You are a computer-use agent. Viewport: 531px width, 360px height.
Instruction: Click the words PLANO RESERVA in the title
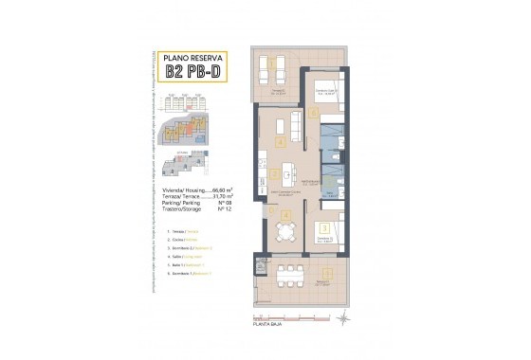[x=190, y=58]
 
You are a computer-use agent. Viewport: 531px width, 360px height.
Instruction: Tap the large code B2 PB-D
[x=190, y=72]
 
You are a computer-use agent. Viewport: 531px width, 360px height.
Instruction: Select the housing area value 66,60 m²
[x=224, y=189]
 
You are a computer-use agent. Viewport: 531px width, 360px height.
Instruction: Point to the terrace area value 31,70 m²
[x=224, y=197]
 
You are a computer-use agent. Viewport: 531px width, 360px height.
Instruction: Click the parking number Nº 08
[x=226, y=205]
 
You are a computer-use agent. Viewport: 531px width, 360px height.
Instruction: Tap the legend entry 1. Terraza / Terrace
[x=181, y=231]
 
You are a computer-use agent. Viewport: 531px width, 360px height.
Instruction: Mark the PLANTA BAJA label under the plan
[x=268, y=324]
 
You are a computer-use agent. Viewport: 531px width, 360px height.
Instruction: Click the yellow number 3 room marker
[x=324, y=227]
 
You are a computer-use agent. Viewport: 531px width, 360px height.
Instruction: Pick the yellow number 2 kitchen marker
[x=273, y=174]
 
